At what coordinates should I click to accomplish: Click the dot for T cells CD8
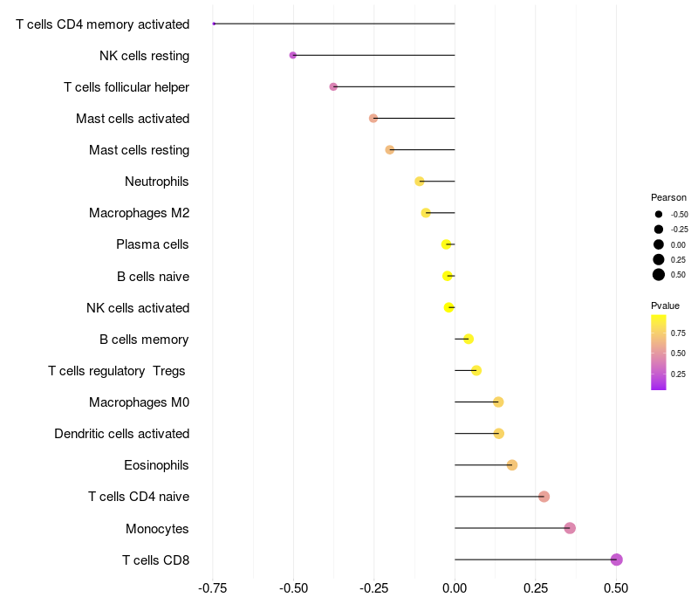617,560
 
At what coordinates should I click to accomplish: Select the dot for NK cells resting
293,55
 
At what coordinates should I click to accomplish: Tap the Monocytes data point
570,528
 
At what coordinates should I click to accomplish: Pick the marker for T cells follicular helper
333,86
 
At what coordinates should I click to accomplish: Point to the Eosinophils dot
512,464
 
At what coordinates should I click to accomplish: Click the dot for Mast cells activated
373,118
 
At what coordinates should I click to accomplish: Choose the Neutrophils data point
420,182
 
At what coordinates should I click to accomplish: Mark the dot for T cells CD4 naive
544,497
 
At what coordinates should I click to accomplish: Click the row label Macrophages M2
139,213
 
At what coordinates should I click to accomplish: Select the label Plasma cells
153,244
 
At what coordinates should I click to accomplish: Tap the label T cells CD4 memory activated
102,24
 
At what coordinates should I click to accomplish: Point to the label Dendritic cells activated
121,434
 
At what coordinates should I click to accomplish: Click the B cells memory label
144,340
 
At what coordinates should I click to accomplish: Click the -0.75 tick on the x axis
213,589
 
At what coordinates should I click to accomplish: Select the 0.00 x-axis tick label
455,589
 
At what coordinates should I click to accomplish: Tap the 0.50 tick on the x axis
616,589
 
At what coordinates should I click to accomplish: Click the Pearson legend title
668,197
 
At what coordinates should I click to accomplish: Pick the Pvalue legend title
665,305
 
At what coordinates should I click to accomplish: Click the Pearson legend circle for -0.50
659,214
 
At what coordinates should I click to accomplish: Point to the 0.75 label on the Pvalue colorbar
678,333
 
